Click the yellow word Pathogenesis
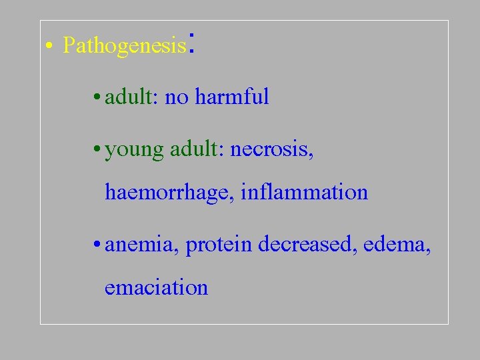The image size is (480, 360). [123, 45]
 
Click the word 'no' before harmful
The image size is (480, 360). [176, 98]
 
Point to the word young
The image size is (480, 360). [134, 150]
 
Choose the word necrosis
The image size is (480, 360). [269, 149]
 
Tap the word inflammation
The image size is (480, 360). [304, 192]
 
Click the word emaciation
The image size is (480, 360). [156, 287]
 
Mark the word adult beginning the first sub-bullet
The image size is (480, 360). [130, 97]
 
